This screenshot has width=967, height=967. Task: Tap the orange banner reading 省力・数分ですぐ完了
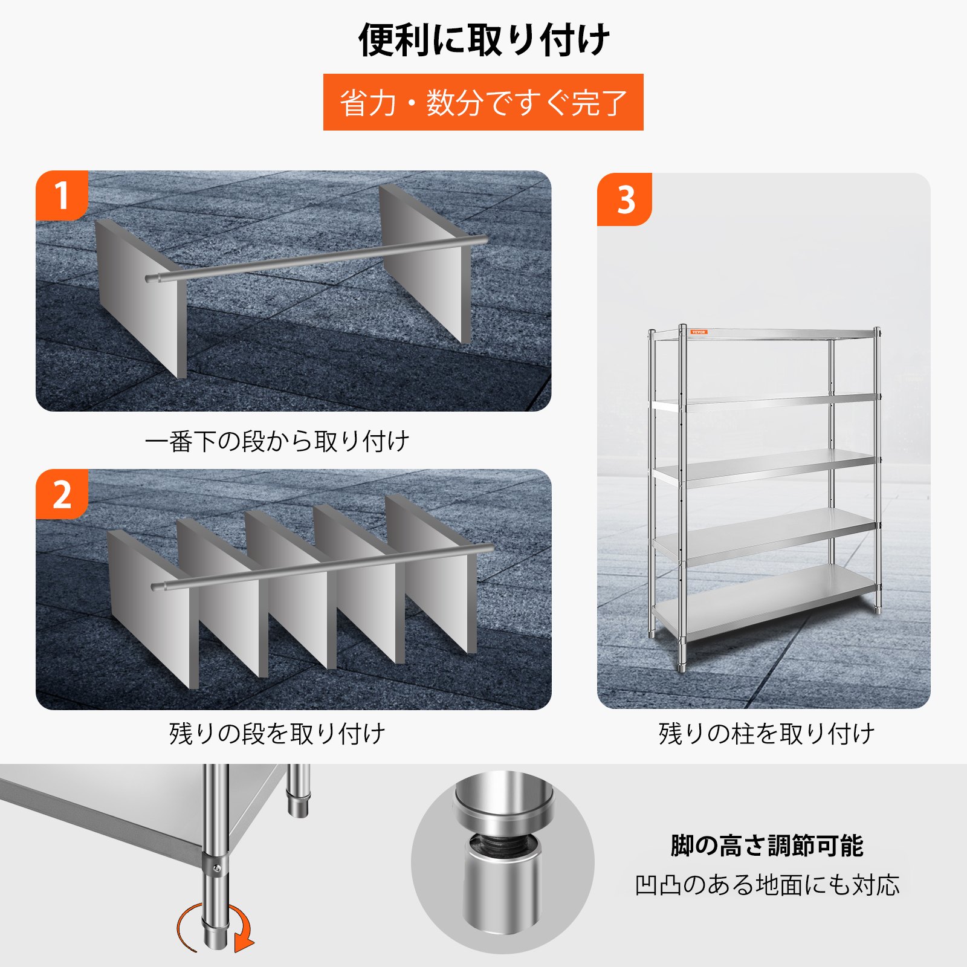(x=483, y=102)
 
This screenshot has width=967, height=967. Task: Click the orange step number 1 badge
(x=62, y=195)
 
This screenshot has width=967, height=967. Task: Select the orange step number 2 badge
(x=62, y=494)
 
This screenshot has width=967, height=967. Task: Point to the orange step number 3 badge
(x=624, y=199)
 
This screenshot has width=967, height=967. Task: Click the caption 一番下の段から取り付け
(x=277, y=441)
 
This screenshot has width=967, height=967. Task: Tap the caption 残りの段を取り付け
(x=277, y=733)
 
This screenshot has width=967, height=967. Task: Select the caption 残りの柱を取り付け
(x=766, y=733)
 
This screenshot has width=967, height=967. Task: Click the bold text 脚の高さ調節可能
(x=766, y=845)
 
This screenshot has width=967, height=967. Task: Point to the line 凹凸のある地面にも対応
(x=766, y=885)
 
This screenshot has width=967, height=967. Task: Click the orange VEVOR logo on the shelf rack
(x=698, y=332)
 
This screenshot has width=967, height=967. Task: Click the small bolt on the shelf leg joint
(x=217, y=869)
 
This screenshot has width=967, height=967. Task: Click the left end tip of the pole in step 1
(x=147, y=279)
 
